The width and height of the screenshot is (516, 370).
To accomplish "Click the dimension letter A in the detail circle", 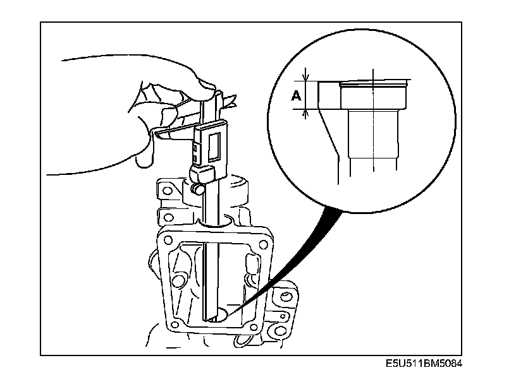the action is tap(295, 96).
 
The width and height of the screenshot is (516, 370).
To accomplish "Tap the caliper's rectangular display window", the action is tap(211, 143).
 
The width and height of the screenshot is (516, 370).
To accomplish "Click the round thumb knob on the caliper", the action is tap(198, 188).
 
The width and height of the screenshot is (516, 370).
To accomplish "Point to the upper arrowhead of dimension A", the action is tap(306, 80).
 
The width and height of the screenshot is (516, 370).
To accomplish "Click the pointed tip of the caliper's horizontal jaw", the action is tap(156, 134).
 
